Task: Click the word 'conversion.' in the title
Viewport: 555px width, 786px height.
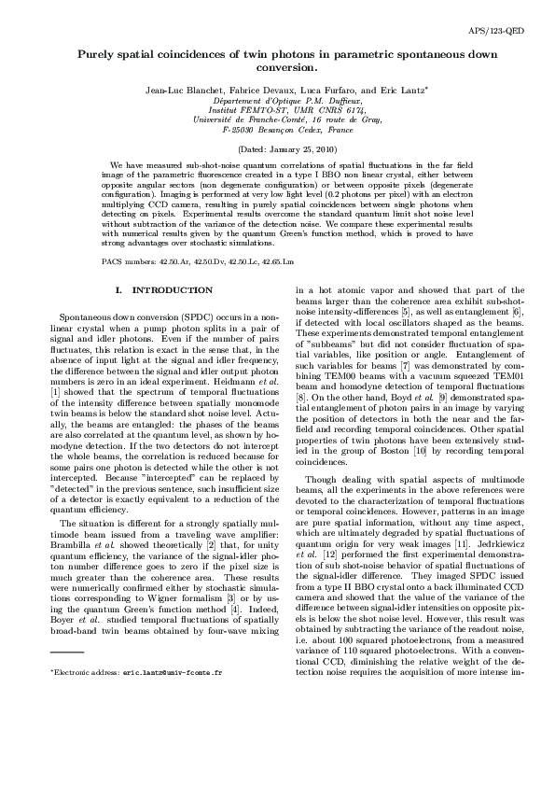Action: coord(277,68)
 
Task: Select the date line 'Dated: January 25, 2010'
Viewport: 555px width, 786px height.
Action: coord(277,149)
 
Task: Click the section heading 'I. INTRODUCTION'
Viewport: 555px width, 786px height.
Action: coord(158,290)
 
